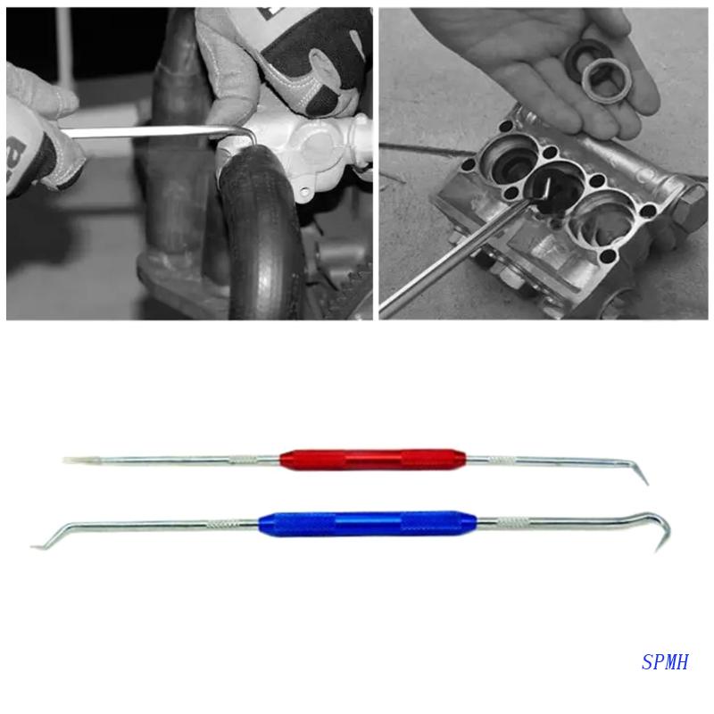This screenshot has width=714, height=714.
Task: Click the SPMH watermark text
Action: coord(665,662)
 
